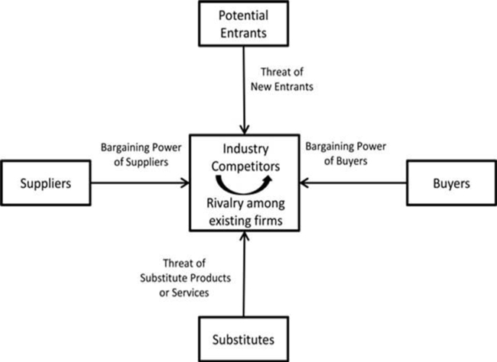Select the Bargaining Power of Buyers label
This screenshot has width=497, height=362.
pos(347,153)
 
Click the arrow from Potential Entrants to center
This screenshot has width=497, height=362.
pos(244,92)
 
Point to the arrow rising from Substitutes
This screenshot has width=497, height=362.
pos(244,275)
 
